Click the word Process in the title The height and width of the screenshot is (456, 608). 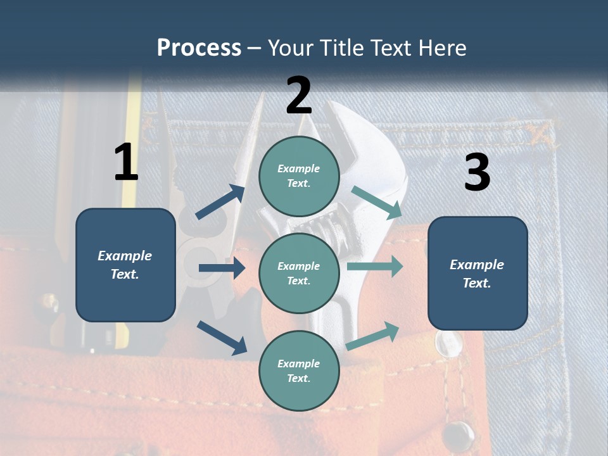(199, 48)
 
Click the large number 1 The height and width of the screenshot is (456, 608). (126, 163)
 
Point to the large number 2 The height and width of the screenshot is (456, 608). (299, 96)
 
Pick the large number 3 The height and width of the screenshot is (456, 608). (477, 173)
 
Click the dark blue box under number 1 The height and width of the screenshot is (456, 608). (125, 265)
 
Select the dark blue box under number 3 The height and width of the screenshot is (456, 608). (478, 274)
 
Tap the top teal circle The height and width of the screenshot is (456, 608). (299, 176)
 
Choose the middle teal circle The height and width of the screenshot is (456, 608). (299, 273)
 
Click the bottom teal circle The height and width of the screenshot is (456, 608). (299, 370)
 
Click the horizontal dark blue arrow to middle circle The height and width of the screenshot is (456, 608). (222, 269)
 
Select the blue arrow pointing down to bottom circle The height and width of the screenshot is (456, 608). (222, 338)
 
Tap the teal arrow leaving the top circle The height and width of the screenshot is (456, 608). (376, 202)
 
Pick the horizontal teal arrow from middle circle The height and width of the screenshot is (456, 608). (375, 267)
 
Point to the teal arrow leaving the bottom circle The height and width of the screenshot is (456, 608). (373, 335)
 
